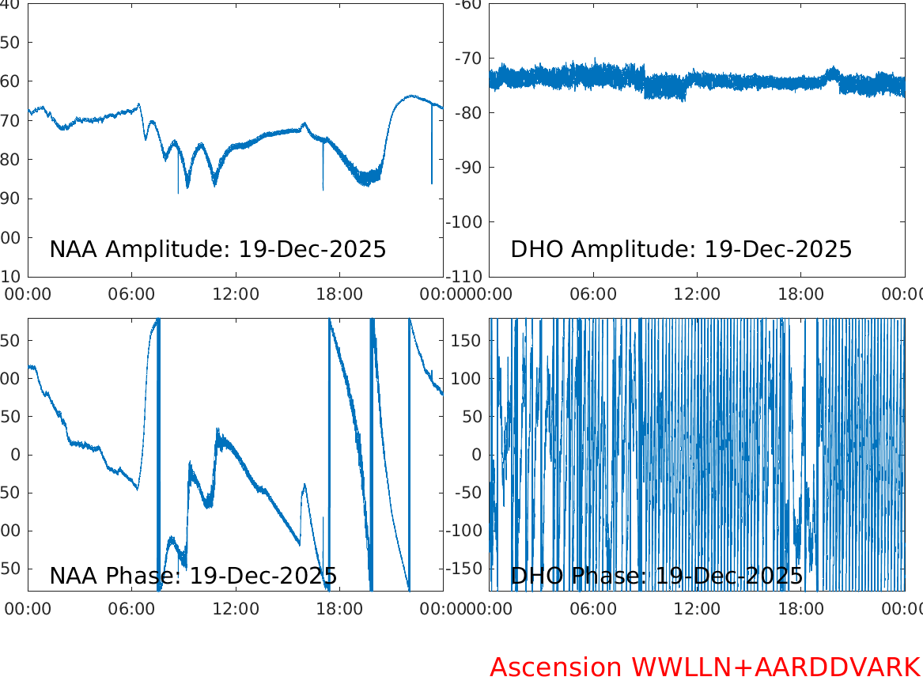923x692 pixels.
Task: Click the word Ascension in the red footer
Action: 555,667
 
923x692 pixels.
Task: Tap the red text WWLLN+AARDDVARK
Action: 775,667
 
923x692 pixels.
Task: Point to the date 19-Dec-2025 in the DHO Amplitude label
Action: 778,249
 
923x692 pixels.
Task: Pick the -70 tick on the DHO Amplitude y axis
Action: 470,59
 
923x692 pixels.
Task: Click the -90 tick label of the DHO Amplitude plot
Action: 470,168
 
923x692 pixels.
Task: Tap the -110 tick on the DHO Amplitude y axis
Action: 466,277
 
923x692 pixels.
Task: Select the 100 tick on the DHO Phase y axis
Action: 470,379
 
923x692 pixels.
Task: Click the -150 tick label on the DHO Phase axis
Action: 466,569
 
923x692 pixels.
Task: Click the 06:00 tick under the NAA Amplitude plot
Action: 132,294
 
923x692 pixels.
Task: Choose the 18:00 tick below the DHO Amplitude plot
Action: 801,294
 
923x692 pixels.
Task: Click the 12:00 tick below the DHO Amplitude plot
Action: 697,294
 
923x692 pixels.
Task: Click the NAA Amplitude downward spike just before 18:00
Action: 323,178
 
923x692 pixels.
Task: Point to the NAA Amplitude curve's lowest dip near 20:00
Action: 365,182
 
